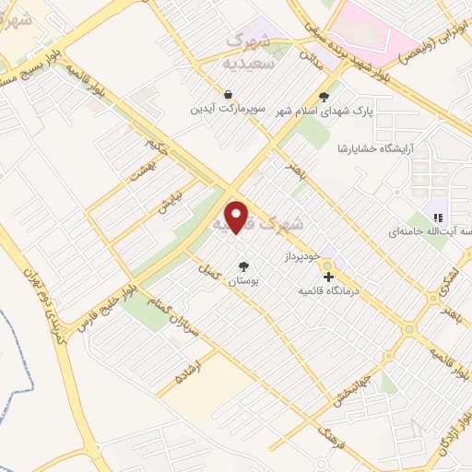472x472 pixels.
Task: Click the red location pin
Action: [237, 217]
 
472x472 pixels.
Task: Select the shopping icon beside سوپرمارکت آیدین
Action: [228, 94]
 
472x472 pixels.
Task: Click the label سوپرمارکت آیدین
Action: [228, 109]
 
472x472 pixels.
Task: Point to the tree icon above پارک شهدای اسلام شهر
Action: [323, 96]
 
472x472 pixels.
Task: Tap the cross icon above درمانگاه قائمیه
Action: [328, 276]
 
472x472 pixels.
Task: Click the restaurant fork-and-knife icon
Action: [438, 218]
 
